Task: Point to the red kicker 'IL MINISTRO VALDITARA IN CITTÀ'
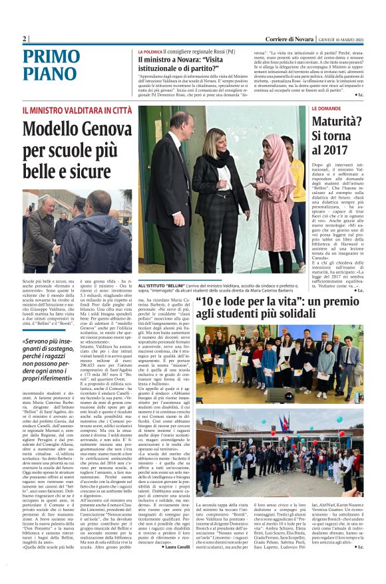(x=77, y=110)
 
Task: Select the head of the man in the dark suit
(x=180, y=122)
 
